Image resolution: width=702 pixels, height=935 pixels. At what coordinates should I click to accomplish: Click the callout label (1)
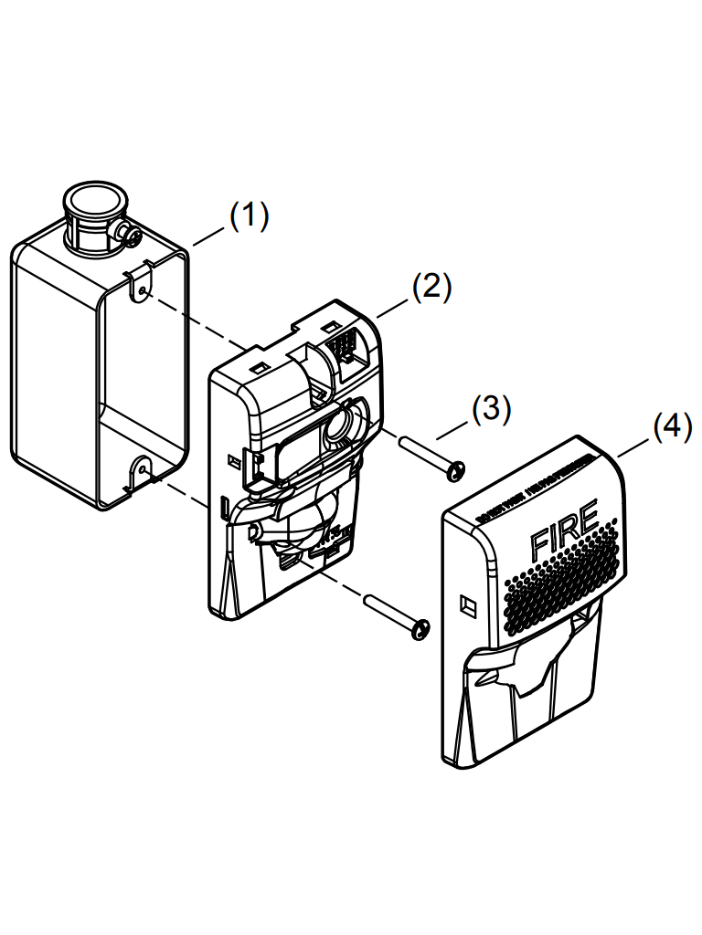tap(249, 216)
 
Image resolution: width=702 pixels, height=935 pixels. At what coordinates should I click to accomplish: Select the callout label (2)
tap(431, 287)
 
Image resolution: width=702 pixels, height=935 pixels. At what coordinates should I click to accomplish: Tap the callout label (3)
tap(491, 408)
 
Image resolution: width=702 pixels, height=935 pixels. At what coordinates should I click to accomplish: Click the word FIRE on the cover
tap(564, 530)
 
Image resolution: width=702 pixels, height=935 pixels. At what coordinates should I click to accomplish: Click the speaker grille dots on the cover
tap(558, 594)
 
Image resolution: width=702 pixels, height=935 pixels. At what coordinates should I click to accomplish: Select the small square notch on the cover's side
tap(467, 604)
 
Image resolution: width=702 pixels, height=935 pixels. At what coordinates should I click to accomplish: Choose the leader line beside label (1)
tap(209, 235)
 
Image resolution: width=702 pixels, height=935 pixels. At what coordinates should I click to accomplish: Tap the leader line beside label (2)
tap(394, 305)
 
